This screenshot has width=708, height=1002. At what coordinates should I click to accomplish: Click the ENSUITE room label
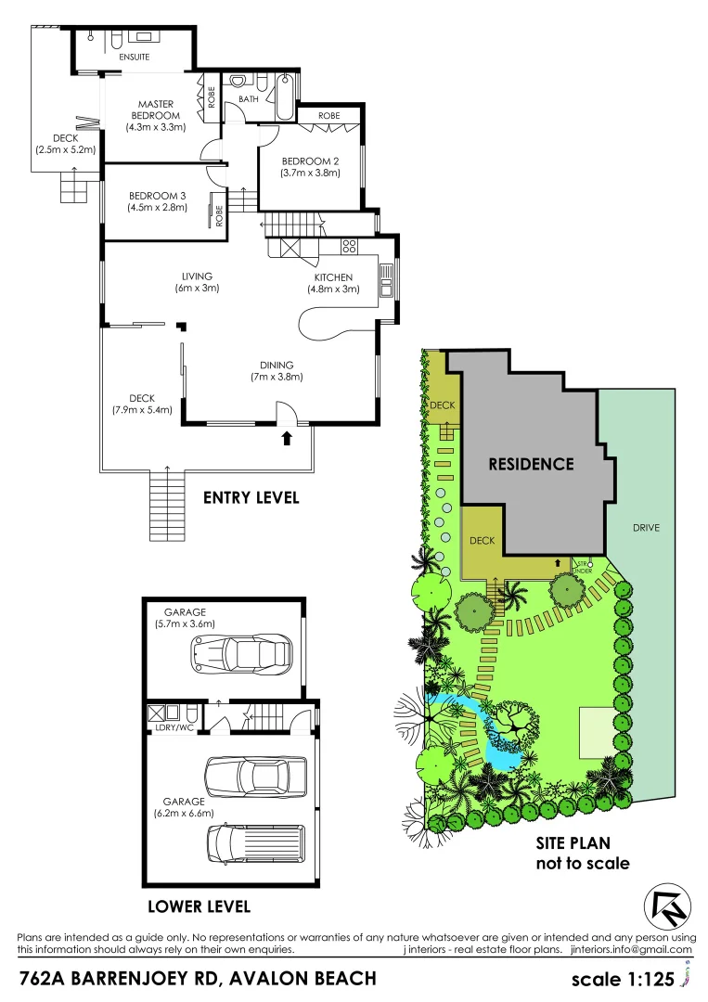(x=135, y=57)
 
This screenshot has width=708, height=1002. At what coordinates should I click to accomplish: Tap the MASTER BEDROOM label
(x=159, y=109)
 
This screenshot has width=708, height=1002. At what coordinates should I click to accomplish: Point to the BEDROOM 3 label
(x=158, y=195)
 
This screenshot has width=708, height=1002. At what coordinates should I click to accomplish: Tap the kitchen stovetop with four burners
(x=350, y=247)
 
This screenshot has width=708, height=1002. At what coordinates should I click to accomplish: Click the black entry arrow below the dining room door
(x=287, y=438)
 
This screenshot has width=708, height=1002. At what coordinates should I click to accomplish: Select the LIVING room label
(x=198, y=276)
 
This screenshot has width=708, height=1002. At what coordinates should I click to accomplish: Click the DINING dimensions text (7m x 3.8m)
(x=277, y=377)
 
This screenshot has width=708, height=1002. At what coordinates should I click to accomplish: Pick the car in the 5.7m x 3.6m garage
(x=238, y=653)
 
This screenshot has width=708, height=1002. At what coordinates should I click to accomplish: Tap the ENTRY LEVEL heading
(x=251, y=498)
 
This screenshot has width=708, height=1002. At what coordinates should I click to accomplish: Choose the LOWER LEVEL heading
(x=199, y=906)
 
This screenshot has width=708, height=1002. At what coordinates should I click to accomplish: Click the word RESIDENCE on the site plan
(x=531, y=464)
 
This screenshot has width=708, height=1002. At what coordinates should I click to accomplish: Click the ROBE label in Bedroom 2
(x=328, y=115)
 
